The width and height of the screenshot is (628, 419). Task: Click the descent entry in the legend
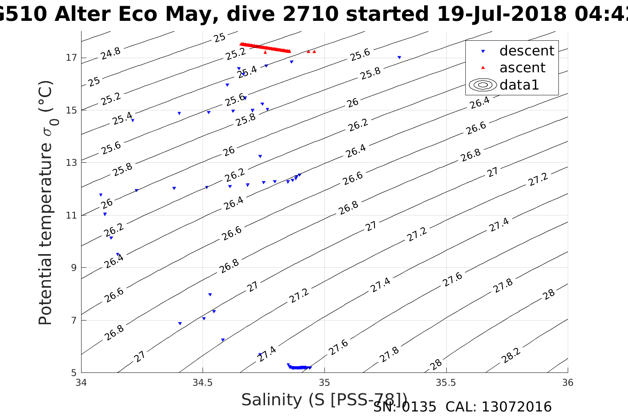pos(527,51)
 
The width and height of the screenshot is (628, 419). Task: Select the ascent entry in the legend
pos(522,68)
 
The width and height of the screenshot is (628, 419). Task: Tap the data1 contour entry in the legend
pos(519,85)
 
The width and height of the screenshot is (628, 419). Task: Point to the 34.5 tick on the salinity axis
pos(203,383)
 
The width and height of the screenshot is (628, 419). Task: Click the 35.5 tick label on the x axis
pos(446,383)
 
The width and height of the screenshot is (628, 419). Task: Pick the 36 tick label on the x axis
pos(567,383)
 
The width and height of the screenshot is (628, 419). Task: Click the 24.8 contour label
pos(110,54)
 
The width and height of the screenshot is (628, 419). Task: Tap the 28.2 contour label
pos(511,356)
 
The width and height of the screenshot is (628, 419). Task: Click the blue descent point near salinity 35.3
pos(399,57)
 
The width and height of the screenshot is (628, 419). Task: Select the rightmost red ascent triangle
pos(314,51)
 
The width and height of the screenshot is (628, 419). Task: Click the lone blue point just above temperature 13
pos(260,156)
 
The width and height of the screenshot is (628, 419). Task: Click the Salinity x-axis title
pos(324,399)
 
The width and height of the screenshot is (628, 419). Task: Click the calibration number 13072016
pos(516,407)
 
